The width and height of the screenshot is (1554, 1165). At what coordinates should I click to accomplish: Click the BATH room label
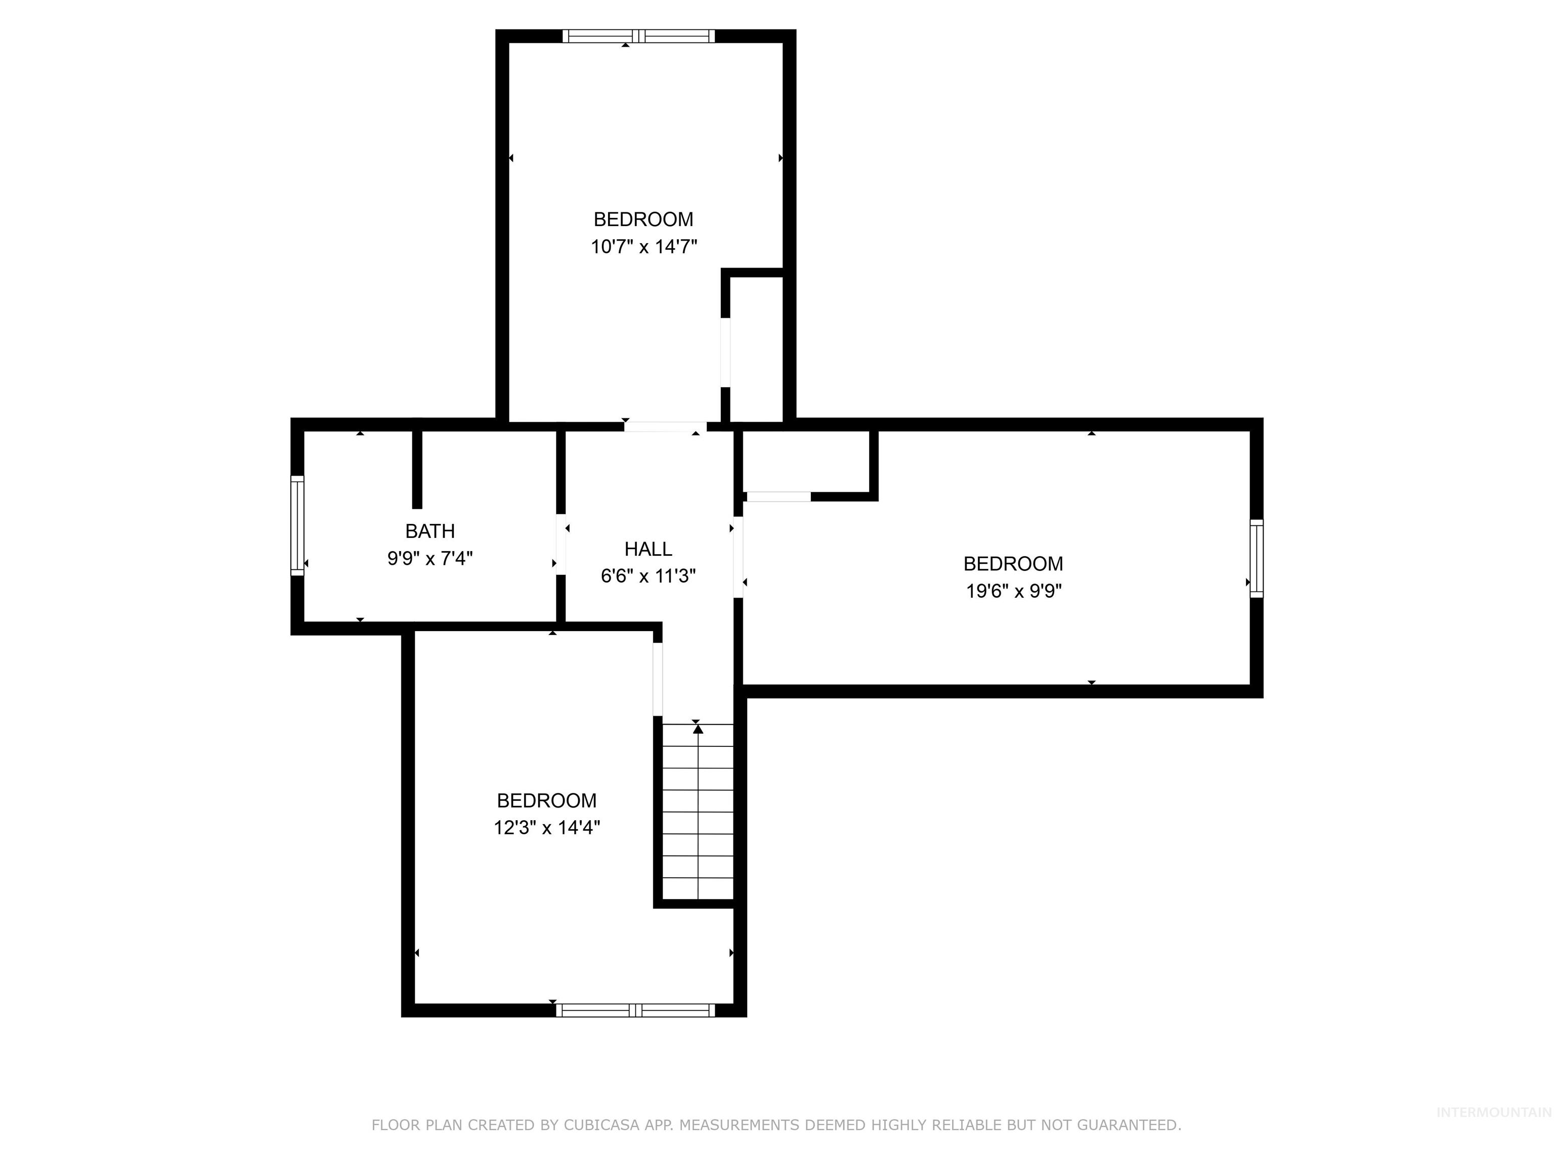(x=430, y=531)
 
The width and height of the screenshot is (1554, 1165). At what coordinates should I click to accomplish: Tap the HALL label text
(x=647, y=549)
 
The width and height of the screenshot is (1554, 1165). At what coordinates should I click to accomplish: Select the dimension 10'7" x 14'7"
(x=643, y=246)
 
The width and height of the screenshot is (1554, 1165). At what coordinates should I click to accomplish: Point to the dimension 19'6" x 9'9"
(x=1013, y=591)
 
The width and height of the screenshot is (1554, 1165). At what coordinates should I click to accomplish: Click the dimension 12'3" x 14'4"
(x=546, y=827)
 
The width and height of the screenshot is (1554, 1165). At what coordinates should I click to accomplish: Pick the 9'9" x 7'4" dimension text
(x=430, y=558)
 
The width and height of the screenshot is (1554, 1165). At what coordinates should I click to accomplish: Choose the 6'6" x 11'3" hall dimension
(x=647, y=576)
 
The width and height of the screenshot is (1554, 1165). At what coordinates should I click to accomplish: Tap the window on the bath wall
(x=297, y=526)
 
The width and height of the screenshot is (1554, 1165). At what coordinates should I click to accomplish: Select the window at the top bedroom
(x=638, y=36)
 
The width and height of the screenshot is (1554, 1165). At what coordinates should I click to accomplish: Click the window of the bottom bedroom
(x=635, y=1010)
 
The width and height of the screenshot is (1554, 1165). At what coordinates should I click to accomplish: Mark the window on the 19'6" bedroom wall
(x=1256, y=558)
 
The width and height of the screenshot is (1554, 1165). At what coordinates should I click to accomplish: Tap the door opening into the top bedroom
(x=665, y=426)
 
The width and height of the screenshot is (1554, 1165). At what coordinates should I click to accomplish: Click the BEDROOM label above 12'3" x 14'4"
(x=546, y=800)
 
